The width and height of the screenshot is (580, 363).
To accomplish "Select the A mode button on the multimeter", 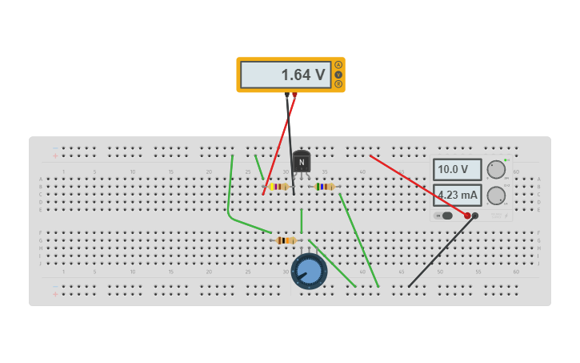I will pyautogui.click(x=338, y=65).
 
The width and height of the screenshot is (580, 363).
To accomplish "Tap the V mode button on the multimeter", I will pyautogui.click(x=338, y=75).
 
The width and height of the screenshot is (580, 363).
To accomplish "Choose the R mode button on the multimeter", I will pyautogui.click(x=338, y=84).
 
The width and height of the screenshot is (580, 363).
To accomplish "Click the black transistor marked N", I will pyautogui.click(x=301, y=163).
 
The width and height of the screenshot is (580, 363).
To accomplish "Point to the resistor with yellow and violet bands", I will pyautogui.click(x=278, y=187).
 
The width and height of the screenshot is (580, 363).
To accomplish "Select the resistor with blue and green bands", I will pyautogui.click(x=323, y=187).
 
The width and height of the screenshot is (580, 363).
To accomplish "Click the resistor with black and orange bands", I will pyautogui.click(x=286, y=240).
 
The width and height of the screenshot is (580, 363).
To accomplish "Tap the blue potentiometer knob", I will pyautogui.click(x=309, y=271).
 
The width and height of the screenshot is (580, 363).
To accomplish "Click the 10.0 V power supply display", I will pyautogui.click(x=457, y=170).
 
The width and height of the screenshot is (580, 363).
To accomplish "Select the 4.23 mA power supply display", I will pyautogui.click(x=457, y=195).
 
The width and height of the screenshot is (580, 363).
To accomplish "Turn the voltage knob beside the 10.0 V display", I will pyautogui.click(x=496, y=170).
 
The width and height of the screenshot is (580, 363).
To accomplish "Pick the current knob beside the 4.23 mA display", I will pyautogui.click(x=496, y=196).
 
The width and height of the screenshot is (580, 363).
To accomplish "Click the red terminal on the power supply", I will pyautogui.click(x=467, y=216).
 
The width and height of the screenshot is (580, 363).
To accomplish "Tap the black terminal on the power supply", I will pyautogui.click(x=475, y=216).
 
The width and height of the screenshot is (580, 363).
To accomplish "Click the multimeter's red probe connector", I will pyautogui.click(x=294, y=95).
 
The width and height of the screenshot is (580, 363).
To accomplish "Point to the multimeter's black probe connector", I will pyautogui.click(x=287, y=95).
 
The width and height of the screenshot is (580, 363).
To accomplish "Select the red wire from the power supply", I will pyautogui.click(x=416, y=185).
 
